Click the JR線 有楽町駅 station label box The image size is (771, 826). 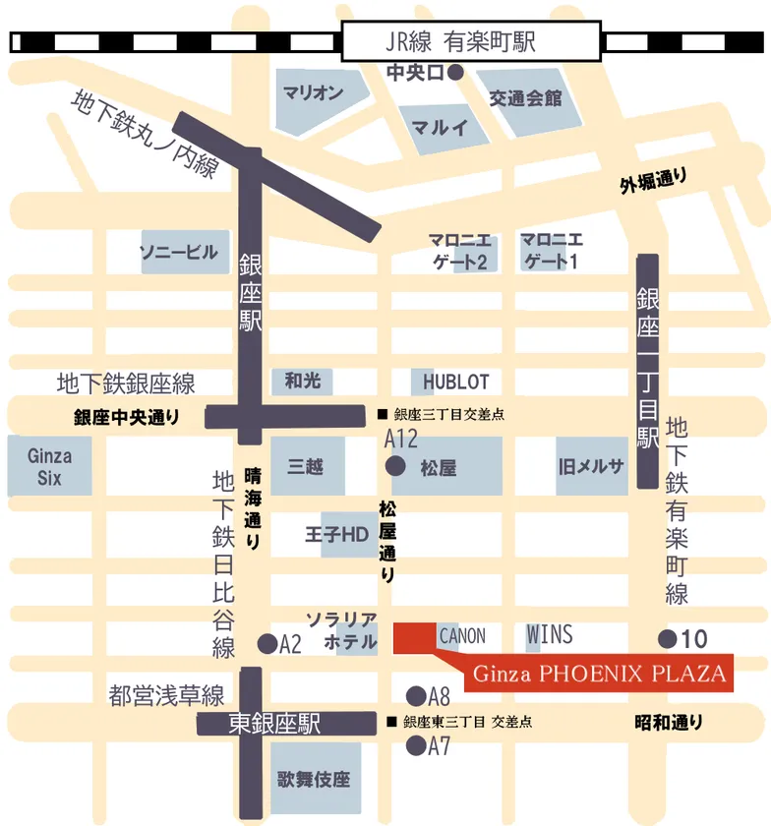pyautogui.click(x=472, y=42)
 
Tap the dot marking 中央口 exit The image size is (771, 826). pyautogui.click(x=455, y=72)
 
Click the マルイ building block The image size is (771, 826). pyautogui.click(x=439, y=127)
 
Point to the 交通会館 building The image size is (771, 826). pyautogui.click(x=526, y=99)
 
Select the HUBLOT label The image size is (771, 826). pyautogui.click(x=455, y=382)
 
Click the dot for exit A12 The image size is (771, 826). pyautogui.click(x=395, y=465)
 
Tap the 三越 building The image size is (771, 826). pyautogui.click(x=306, y=466)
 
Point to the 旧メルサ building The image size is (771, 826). pyautogui.click(x=590, y=466)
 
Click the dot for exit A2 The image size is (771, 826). pyautogui.click(x=266, y=644)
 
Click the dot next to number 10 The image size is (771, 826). pyautogui.click(x=668, y=639)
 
